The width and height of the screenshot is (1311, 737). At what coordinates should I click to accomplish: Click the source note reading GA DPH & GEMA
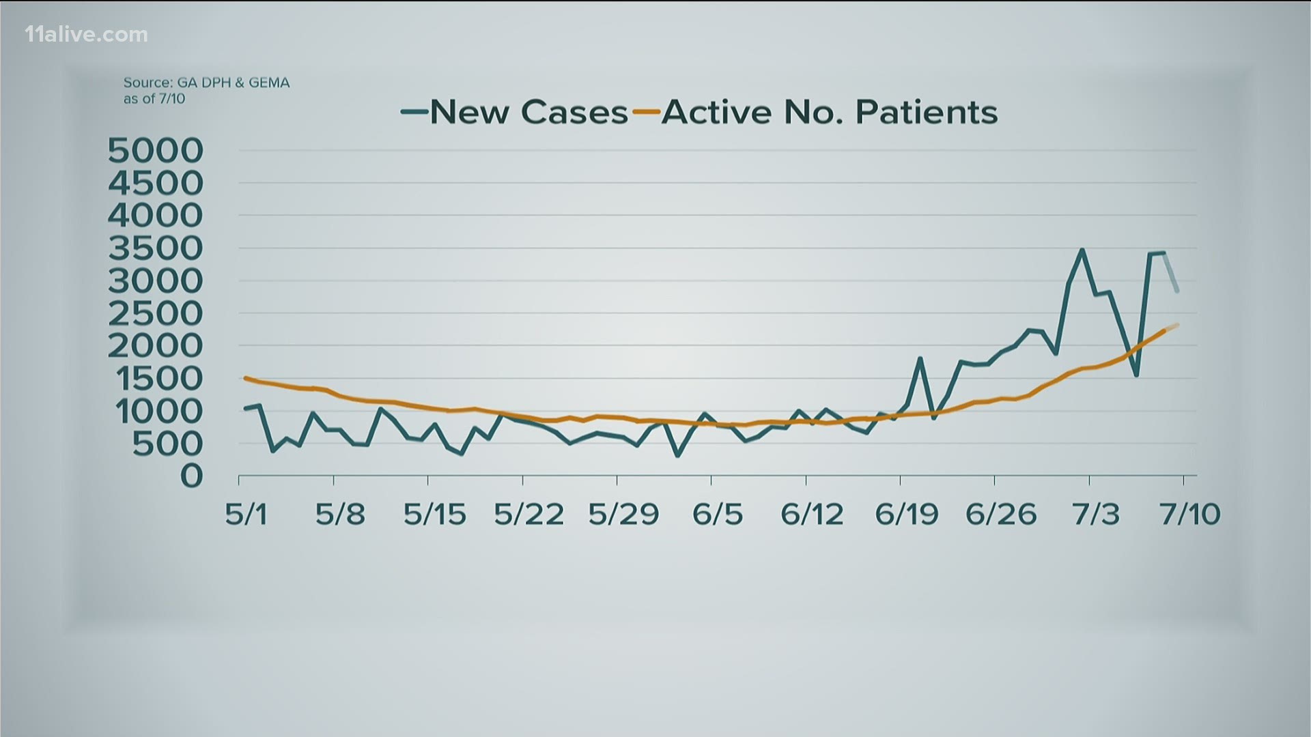[206, 83]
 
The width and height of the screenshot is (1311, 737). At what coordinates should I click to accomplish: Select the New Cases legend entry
[516, 112]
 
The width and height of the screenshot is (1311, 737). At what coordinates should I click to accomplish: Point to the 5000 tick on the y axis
[156, 151]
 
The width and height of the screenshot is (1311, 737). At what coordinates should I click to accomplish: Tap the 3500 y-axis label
[156, 248]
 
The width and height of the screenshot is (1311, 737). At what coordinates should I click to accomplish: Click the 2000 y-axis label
[156, 346]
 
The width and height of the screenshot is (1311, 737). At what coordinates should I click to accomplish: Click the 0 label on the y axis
[192, 476]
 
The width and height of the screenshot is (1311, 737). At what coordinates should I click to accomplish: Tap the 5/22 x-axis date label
[529, 514]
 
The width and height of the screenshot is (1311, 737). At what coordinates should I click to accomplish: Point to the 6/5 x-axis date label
[716, 514]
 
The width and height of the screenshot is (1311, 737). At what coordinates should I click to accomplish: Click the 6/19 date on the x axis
[907, 514]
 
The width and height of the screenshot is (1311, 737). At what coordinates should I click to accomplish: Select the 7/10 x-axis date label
[1190, 514]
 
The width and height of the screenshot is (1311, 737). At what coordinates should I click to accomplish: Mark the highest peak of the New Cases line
[1082, 250]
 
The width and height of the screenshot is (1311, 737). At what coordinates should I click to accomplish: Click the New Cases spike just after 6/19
[920, 358]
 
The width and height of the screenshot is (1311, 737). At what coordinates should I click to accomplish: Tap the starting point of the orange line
[245, 377]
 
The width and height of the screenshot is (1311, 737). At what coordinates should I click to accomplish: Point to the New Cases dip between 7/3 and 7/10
[1136, 375]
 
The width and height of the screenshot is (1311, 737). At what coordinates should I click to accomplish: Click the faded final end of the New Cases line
[1177, 291]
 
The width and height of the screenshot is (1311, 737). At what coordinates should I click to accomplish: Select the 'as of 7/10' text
[154, 98]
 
